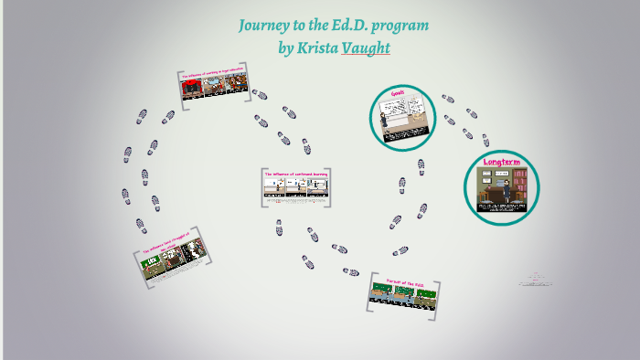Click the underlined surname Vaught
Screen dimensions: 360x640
pos(366,47)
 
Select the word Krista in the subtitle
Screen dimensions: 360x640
pos(315,47)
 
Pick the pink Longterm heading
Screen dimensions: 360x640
pos(501,163)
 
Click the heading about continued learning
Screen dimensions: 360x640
pos(295,174)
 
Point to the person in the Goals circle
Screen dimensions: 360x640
pos(409,115)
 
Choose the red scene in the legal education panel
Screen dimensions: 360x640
pos(193,88)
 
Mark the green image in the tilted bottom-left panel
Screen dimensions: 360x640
pos(151,265)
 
